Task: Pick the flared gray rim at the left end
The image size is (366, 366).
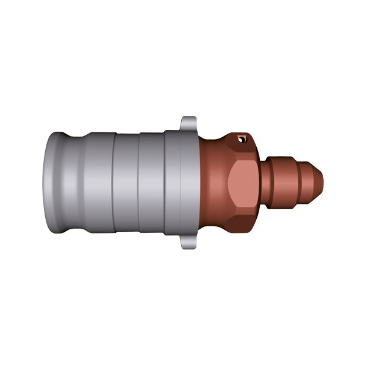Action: (54, 183)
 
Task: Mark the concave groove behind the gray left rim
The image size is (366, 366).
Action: (73, 183)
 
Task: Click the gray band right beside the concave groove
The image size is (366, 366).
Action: (98, 183)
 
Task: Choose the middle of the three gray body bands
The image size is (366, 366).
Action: (126, 183)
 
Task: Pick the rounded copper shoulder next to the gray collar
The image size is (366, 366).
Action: (207, 183)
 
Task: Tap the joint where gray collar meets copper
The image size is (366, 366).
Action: (198, 183)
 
